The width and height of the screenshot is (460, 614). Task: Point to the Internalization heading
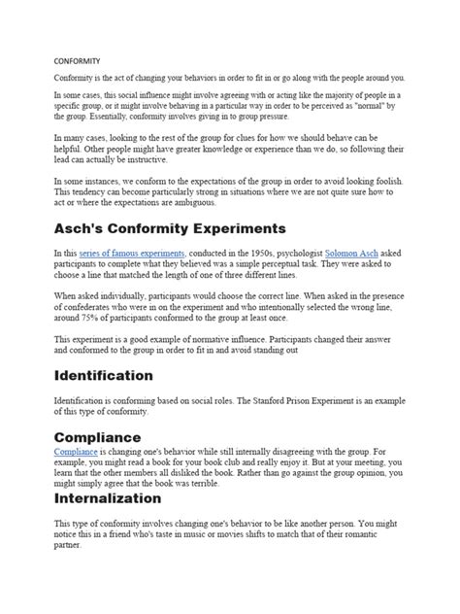107,498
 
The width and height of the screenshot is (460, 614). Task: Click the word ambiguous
194,204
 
